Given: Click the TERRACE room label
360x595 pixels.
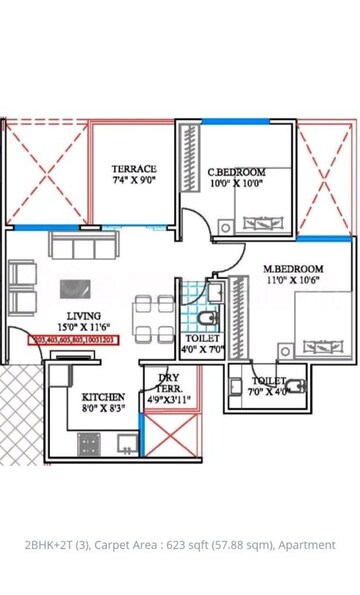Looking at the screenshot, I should [133, 169].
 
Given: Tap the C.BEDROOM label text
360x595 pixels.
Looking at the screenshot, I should [236, 171].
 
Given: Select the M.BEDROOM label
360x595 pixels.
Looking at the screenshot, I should [292, 269].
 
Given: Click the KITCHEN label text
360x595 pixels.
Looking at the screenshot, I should [104, 396].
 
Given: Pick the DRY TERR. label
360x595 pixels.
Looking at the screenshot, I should [168, 382].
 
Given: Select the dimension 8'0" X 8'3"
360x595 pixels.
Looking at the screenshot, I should [104, 408].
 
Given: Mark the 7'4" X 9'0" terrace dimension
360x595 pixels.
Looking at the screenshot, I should [133, 181].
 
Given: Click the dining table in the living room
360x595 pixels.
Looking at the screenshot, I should [155, 318].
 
